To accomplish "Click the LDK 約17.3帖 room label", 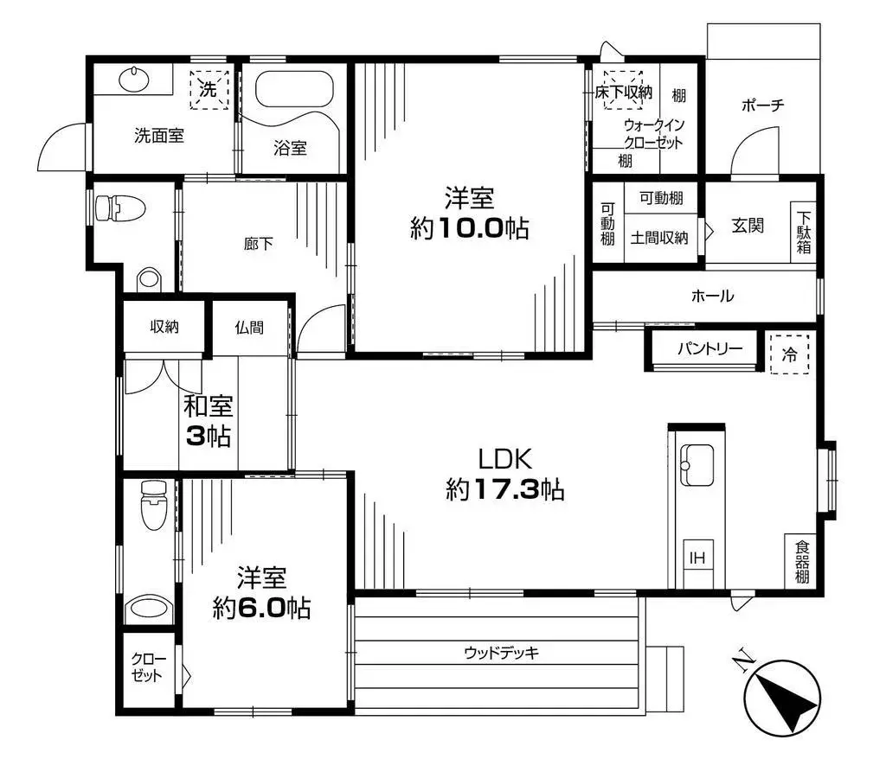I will tap(505, 475).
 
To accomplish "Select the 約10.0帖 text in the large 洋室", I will tap(469, 228).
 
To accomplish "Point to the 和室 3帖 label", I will tap(208, 420).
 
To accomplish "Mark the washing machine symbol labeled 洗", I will tap(209, 89).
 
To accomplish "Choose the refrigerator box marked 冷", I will tap(789, 353).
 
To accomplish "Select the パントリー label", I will tap(709, 349).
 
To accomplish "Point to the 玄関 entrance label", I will tap(747, 226).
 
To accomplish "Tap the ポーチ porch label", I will tap(762, 105).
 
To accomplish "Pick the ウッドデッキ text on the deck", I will tap(501, 653).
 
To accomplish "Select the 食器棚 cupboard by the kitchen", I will tap(803, 562).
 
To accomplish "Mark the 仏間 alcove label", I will tap(248, 328).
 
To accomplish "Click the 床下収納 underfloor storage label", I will tap(624, 91).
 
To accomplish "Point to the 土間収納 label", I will tap(658, 238).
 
